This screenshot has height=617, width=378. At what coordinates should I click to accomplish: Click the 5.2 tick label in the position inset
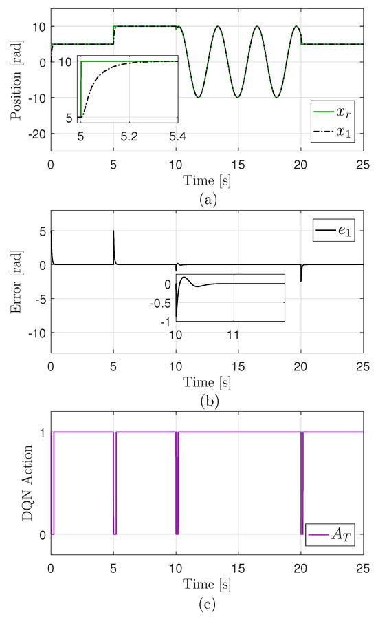[129, 137]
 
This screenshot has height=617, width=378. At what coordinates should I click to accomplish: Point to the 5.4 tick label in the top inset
[177, 137]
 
